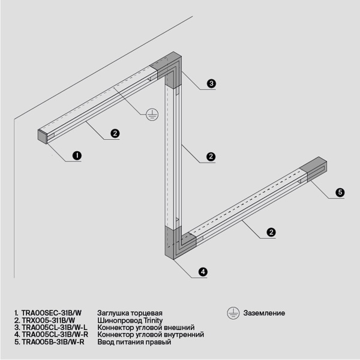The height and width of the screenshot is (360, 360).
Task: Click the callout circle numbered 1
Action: (77, 155)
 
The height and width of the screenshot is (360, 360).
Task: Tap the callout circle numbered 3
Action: (211, 83)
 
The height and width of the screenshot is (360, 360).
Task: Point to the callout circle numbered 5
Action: (340, 193)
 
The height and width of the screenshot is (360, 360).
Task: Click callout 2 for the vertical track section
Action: (211, 157)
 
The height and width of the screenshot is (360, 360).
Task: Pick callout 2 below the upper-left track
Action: (115, 133)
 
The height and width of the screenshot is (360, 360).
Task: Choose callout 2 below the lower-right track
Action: (271, 232)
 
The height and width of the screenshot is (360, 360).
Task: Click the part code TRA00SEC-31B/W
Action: (51, 313)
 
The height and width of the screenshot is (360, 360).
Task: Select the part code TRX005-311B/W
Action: (51, 320)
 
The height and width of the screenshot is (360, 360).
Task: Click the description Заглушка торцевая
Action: (130, 313)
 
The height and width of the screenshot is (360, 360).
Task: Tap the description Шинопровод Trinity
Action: (130, 320)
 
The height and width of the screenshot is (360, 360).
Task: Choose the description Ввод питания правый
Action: (134, 342)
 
